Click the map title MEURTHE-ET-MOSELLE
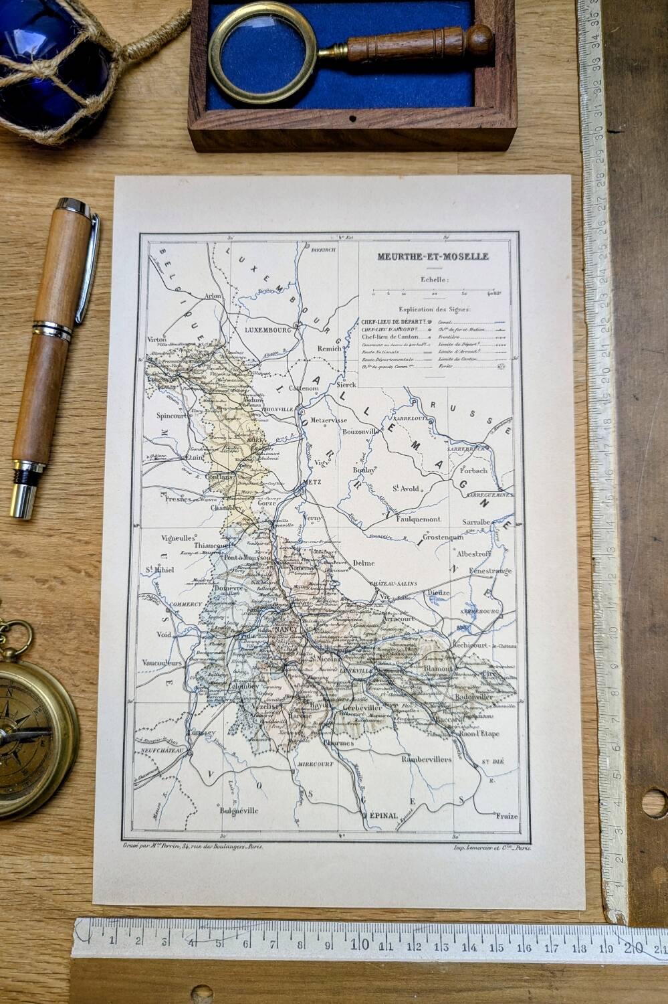tap(432, 256)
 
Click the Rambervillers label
tap(426, 759)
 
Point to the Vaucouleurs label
tap(162, 663)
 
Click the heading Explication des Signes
tap(434, 309)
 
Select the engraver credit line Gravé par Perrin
tap(193, 846)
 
